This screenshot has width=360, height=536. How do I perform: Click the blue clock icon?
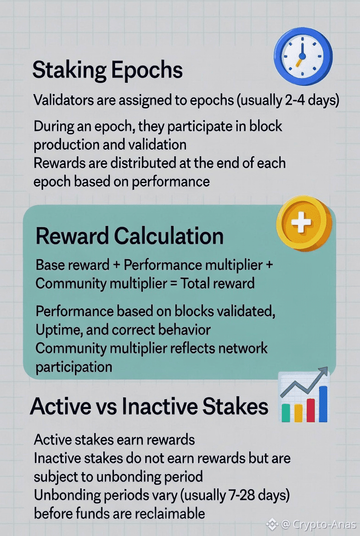pyautogui.click(x=303, y=56)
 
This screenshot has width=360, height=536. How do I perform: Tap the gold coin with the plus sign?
pyautogui.click(x=304, y=223)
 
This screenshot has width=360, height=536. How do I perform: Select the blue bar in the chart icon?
pyautogui.click(x=323, y=404)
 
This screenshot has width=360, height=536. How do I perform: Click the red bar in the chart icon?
pyautogui.click(x=311, y=410)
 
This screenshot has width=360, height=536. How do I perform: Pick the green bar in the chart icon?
pyautogui.click(x=286, y=413)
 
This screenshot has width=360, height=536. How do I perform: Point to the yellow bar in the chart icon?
pyautogui.click(x=298, y=413)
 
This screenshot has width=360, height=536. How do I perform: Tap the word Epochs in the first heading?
pyautogui.click(x=147, y=70)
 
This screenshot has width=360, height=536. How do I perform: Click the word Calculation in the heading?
pyautogui.click(x=169, y=236)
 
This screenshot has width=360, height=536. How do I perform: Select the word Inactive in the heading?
pyautogui.click(x=159, y=406)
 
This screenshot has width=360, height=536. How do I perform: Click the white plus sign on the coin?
pyautogui.click(x=301, y=222)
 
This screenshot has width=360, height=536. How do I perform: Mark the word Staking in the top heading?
pyautogui.click(x=69, y=70)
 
